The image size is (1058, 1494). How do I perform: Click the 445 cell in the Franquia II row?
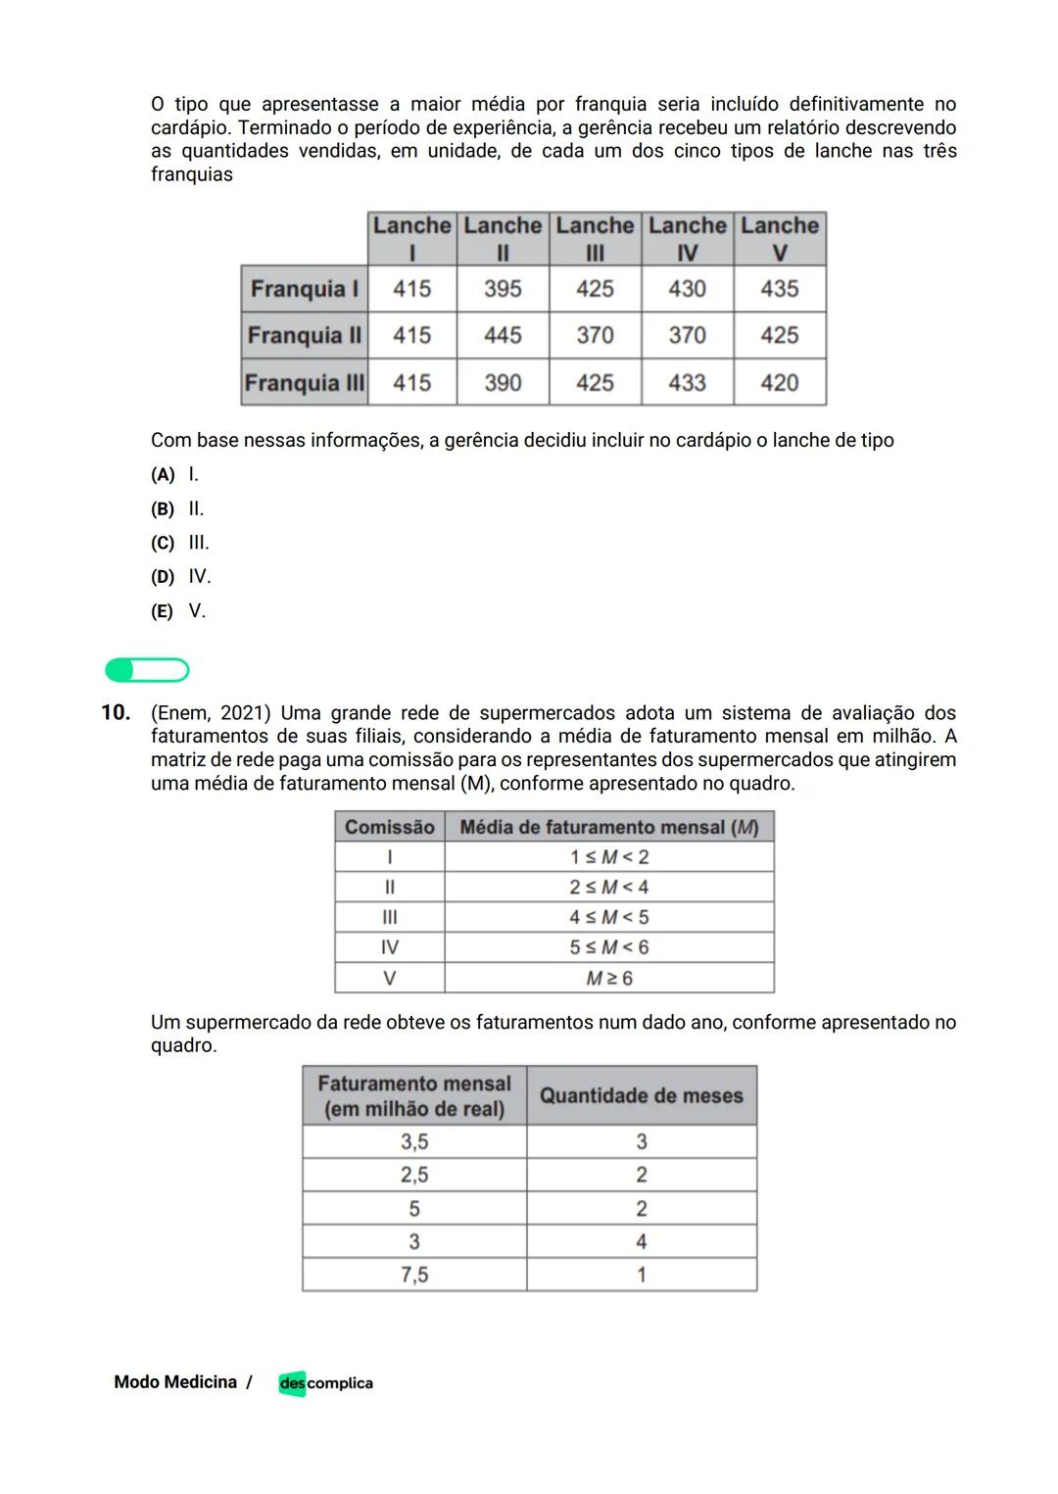pyautogui.click(x=503, y=335)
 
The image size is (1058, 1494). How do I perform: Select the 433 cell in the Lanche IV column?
pyautogui.click(x=687, y=382)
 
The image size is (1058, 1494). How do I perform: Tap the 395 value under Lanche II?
pyautogui.click(x=503, y=289)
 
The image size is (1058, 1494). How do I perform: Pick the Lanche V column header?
pyautogui.click(x=780, y=238)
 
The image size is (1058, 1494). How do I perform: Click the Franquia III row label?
pyautogui.click(x=305, y=382)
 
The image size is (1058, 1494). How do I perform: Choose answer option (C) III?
pyautogui.click(x=180, y=543)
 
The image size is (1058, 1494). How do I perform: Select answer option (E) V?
pyautogui.click(x=178, y=611)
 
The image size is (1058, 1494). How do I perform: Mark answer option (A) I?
pyautogui.click(x=175, y=475)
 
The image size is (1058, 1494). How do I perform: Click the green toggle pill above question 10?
pyautogui.click(x=147, y=670)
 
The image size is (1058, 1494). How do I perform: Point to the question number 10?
pyautogui.click(x=116, y=712)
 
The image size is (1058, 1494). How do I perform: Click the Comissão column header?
pyautogui.click(x=389, y=827)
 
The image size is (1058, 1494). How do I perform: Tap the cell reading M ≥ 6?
pyautogui.click(x=609, y=978)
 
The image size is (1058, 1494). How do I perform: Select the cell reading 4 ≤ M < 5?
pyautogui.click(x=609, y=917)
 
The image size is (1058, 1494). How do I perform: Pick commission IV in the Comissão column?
pyautogui.click(x=389, y=947)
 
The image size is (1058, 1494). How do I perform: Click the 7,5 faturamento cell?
pyautogui.click(x=414, y=1275)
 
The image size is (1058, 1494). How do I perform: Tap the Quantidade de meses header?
pyautogui.click(x=642, y=1095)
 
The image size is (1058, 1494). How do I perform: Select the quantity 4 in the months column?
pyautogui.click(x=642, y=1241)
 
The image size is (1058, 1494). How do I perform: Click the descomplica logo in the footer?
pyautogui.click(x=325, y=1383)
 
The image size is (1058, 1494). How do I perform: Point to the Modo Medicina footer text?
pyautogui.click(x=175, y=1382)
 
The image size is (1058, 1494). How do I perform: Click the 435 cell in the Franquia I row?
pyautogui.click(x=780, y=289)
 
